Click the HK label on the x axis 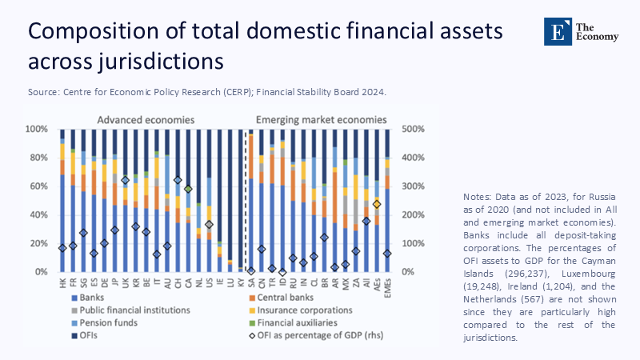click(x=62, y=282)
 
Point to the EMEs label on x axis click(x=387, y=284)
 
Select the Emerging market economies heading click(x=321, y=119)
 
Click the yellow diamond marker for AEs click(x=377, y=204)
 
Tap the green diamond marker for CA click(x=188, y=189)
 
